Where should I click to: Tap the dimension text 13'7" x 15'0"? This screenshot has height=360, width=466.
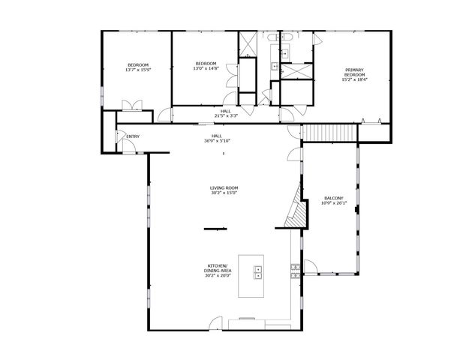[x=138, y=70]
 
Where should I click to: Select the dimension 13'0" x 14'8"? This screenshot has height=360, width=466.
[x=206, y=68]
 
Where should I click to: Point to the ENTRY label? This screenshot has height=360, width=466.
[x=133, y=136]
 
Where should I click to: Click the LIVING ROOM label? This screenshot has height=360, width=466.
[x=224, y=187]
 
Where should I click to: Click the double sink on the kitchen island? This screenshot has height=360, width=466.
[x=258, y=272]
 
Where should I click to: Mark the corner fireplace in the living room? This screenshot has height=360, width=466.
[x=295, y=214]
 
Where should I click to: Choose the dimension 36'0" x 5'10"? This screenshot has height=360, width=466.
[x=217, y=141]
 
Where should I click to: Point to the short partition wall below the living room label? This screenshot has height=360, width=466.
[x=215, y=228]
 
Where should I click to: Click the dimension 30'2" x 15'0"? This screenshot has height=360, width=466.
[x=224, y=193]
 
